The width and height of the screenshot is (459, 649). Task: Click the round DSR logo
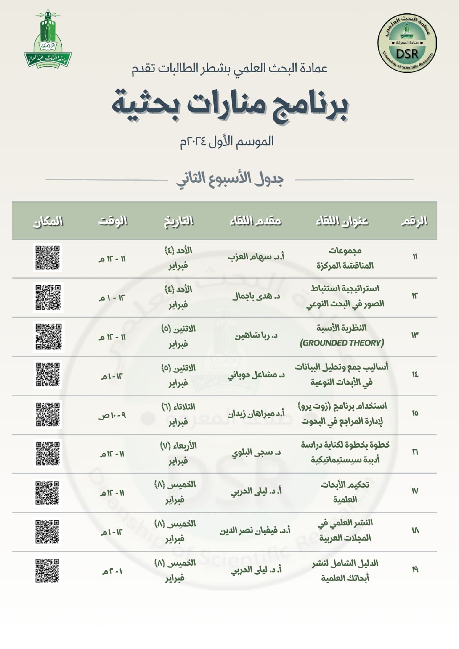point(407,43)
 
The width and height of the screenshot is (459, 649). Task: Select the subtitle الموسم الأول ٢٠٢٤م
point(227,141)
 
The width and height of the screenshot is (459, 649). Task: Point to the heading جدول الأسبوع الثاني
point(230,179)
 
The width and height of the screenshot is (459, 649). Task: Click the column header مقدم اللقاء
point(256,221)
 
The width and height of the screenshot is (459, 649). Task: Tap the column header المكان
point(48,221)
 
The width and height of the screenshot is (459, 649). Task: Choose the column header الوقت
point(113,221)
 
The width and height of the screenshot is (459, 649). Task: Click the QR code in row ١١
point(48,258)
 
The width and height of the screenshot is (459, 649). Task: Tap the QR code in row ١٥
point(48,414)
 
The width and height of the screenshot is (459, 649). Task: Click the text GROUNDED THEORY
point(342,343)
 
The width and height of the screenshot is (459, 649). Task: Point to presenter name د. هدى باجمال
point(256,296)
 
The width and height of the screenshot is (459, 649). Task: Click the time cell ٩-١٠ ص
point(112,416)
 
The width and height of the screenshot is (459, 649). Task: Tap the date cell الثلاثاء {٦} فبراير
point(178,414)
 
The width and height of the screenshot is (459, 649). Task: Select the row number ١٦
point(415,452)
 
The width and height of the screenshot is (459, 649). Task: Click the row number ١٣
point(415,335)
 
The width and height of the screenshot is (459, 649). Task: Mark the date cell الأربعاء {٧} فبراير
point(178,453)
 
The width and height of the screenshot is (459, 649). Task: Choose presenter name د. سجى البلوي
point(256,453)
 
